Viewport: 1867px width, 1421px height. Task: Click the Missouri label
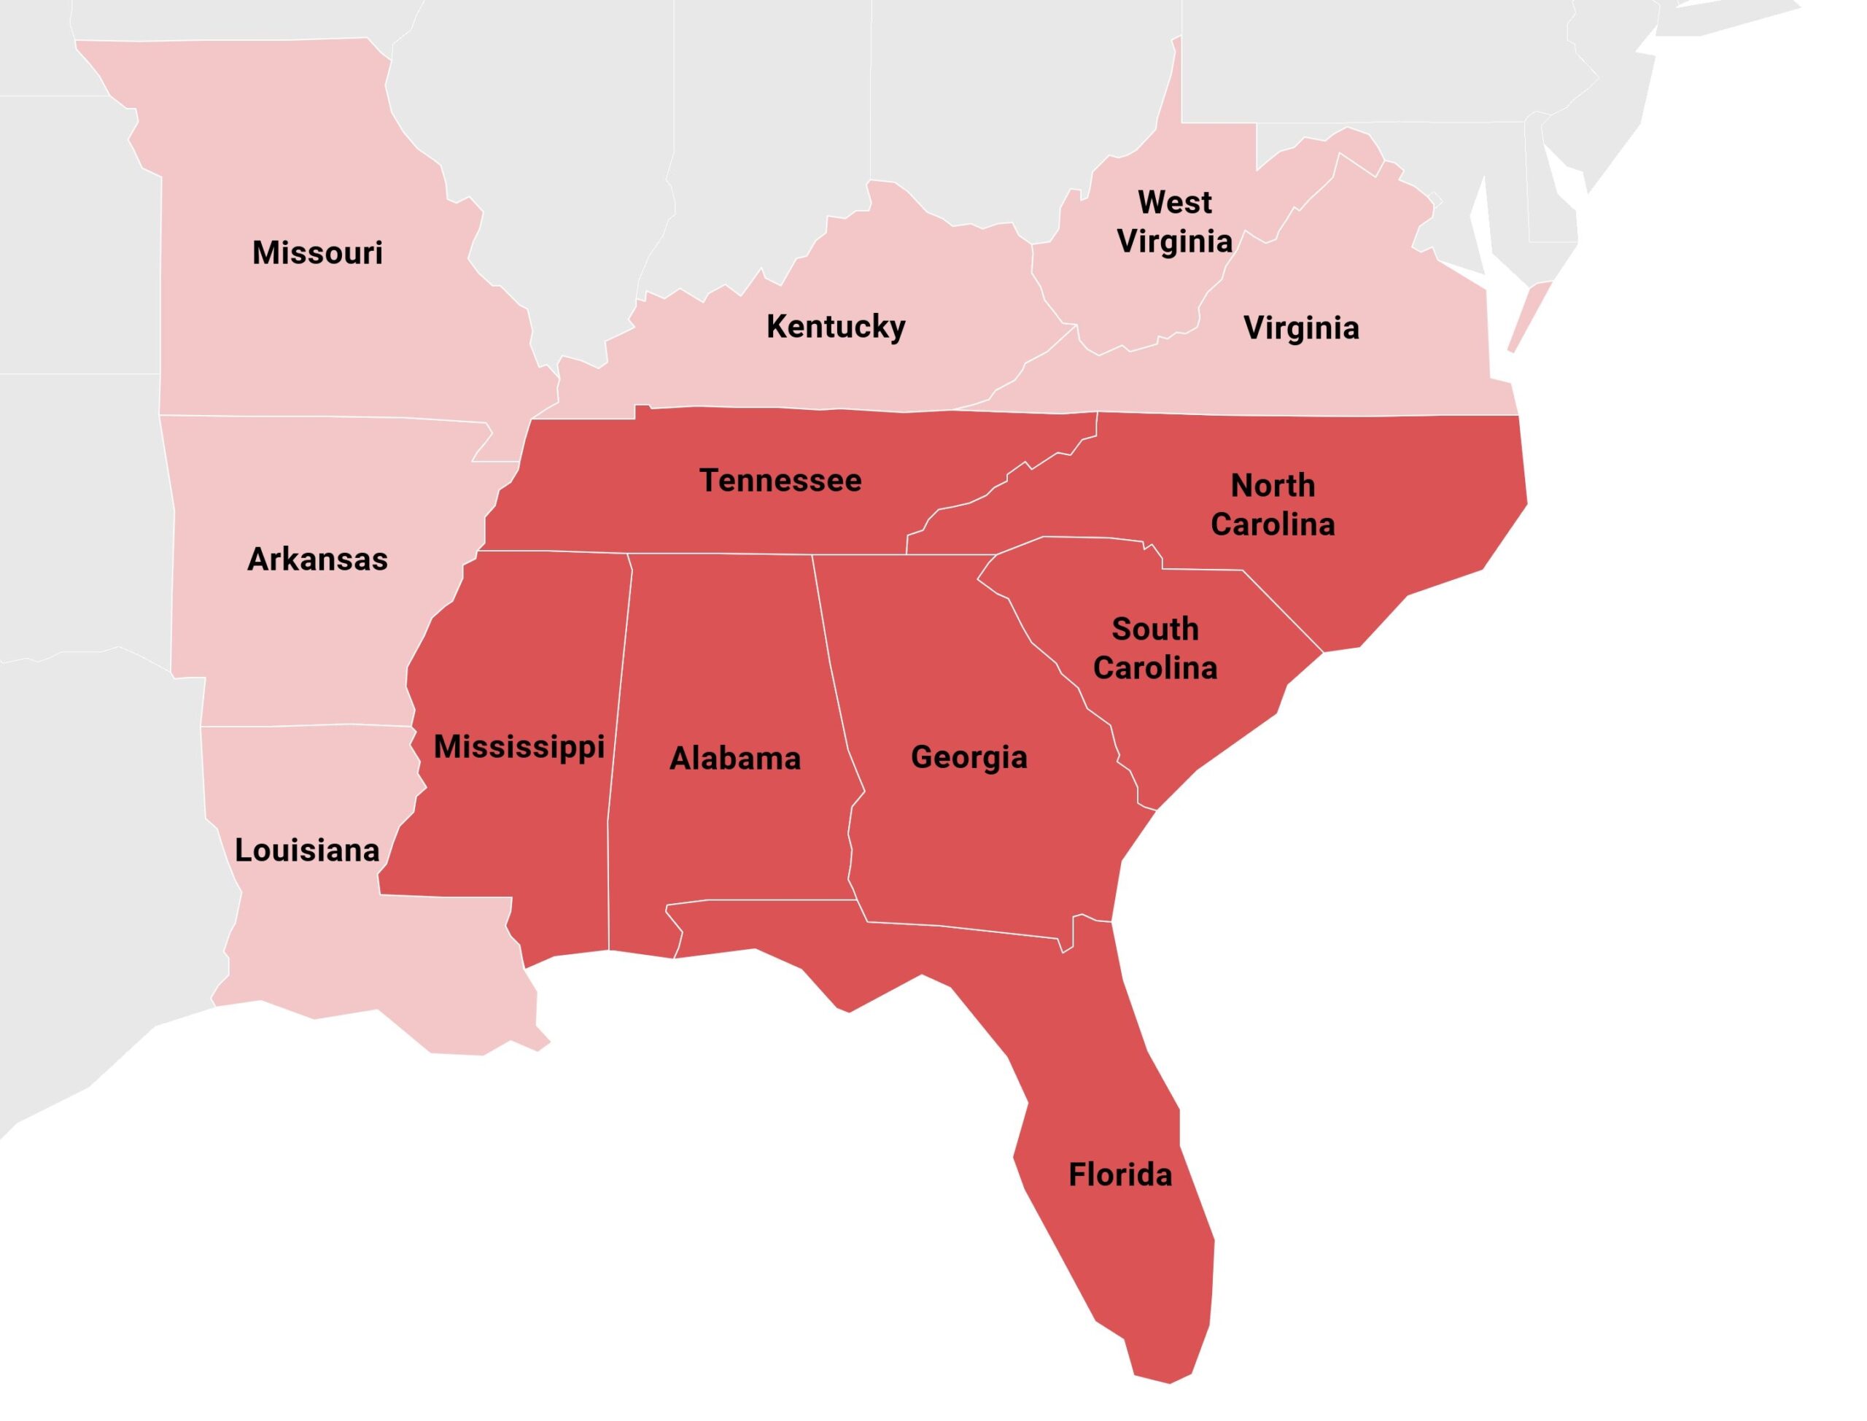[317, 253]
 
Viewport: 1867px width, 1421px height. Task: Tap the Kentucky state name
[836, 327]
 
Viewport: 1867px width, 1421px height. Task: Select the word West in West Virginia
[1174, 203]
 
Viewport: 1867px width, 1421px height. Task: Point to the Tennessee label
[780, 481]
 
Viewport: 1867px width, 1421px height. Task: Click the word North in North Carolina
[1273, 486]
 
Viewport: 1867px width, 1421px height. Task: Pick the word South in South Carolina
[1155, 630]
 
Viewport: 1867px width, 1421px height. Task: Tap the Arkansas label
[317, 559]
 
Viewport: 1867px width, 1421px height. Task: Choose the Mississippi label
[519, 747]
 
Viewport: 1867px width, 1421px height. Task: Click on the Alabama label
[735, 758]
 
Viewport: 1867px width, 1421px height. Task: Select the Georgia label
[969, 757]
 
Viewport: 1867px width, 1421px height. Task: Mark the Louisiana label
[307, 850]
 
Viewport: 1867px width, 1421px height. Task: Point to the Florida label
[1120, 1175]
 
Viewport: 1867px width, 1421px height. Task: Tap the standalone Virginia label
[1301, 328]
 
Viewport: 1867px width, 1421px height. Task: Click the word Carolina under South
[1155, 668]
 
